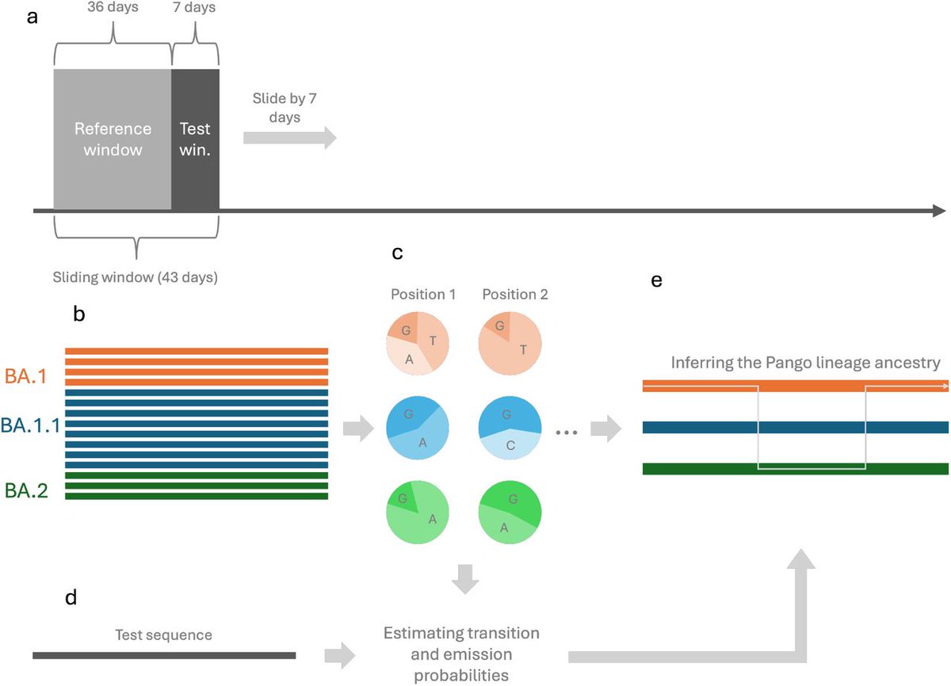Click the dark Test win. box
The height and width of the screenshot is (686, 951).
(195, 139)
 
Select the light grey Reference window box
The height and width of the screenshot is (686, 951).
(112, 139)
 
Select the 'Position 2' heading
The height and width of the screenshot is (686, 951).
(514, 295)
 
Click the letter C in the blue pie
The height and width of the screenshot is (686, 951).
(510, 446)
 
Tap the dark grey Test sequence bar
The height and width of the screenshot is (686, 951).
(164, 655)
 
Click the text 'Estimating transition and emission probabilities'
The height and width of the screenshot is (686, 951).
(461, 654)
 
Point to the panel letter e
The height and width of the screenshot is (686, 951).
(655, 280)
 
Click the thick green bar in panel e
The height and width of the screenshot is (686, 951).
(795, 468)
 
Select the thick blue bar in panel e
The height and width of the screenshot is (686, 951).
(795, 428)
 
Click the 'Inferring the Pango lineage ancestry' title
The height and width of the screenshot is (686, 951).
(805, 364)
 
